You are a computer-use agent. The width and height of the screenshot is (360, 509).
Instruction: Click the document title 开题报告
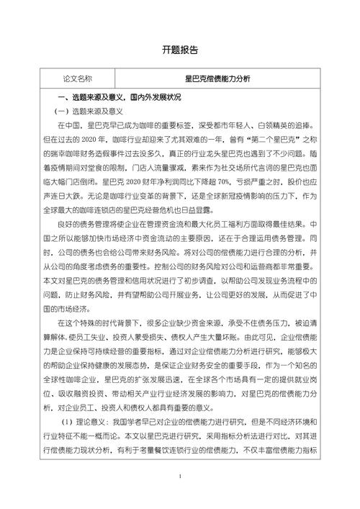coord(179,50)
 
